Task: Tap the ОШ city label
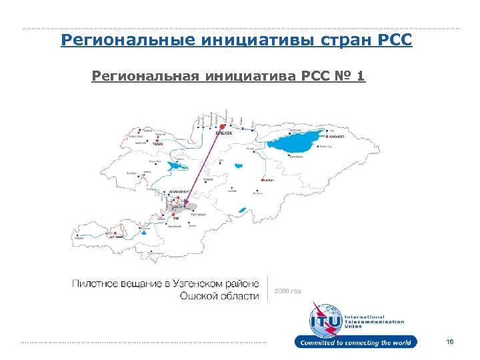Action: (x=176, y=219)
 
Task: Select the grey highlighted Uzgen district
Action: (x=190, y=208)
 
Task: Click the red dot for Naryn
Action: (x=261, y=180)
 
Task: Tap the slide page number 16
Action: (x=450, y=342)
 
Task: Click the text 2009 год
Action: (x=288, y=291)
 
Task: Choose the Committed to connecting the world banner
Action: (x=357, y=343)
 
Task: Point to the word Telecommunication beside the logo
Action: (x=374, y=321)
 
